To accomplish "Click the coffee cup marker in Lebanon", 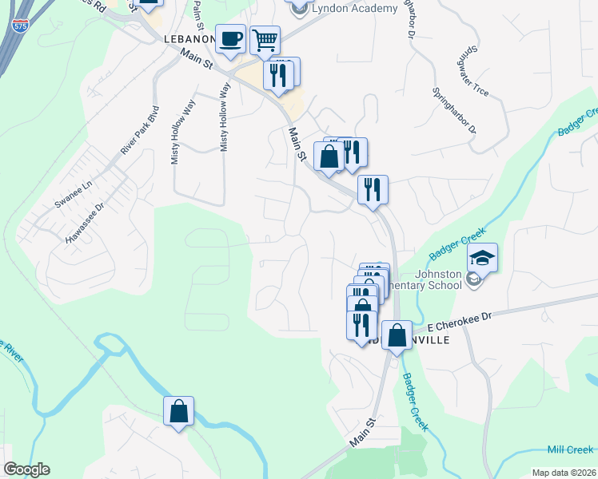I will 231,40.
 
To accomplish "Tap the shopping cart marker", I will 265,40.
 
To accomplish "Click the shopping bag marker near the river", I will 179,412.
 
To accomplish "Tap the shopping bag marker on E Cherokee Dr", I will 397,336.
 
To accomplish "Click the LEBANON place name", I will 189,38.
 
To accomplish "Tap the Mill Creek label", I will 570,450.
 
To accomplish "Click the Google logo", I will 26,469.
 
